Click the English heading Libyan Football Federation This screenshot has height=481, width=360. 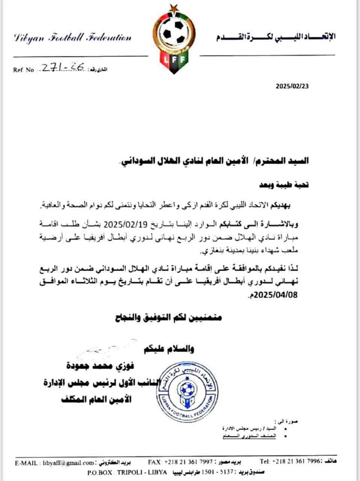[x=72, y=38]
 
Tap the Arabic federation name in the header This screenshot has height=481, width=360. [x=276, y=36]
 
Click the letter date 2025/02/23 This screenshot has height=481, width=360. [x=292, y=86]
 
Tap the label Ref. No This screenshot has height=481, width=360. [x=24, y=70]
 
